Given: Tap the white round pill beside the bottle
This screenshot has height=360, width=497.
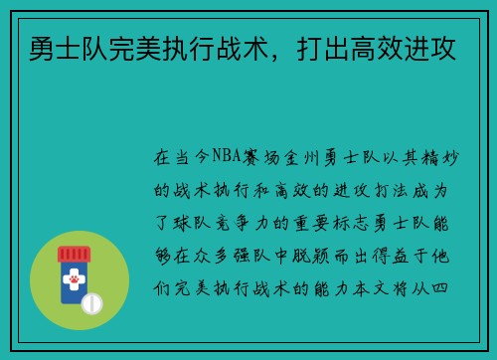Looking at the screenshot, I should tap(91, 301).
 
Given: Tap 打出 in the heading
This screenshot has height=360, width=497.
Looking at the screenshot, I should tap(314, 44).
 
